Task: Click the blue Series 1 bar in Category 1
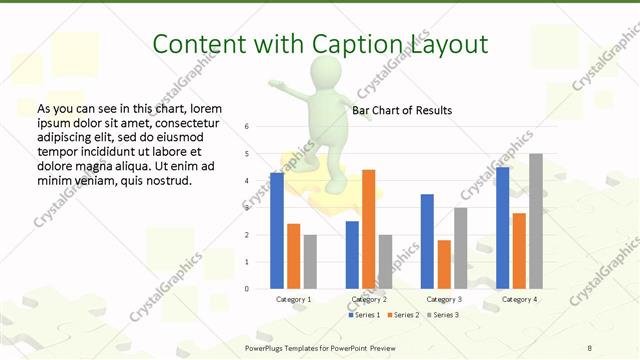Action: [x=277, y=231]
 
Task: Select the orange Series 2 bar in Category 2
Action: [x=368, y=229]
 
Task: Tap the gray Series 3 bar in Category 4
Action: [x=536, y=221]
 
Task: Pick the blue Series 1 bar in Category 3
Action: [x=427, y=241]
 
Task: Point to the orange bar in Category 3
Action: [x=444, y=264]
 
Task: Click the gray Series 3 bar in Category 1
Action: [x=310, y=262]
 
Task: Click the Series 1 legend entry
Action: [x=364, y=315]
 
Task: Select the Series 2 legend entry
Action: [x=402, y=315]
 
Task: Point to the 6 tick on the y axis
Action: [x=247, y=127]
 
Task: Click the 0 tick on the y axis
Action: [x=247, y=289]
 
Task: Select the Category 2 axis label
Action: [x=369, y=299]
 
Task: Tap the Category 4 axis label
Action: [x=519, y=299]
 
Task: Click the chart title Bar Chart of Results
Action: [x=402, y=110]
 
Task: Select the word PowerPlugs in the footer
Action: [x=265, y=347]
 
